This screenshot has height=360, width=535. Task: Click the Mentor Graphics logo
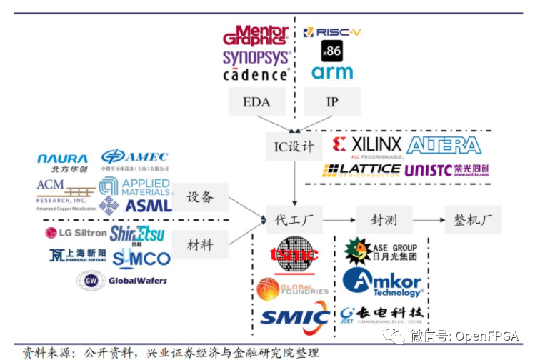tap(255, 36)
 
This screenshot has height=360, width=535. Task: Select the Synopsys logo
tap(256, 57)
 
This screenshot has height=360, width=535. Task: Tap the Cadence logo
tap(256, 74)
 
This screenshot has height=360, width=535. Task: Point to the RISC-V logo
tap(332, 32)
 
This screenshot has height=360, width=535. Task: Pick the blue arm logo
tap(332, 72)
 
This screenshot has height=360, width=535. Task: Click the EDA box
tap(256, 101)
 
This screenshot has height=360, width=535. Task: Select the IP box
tap(332, 101)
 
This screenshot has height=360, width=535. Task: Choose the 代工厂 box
tap(294, 219)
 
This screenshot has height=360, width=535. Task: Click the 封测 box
tap(384, 219)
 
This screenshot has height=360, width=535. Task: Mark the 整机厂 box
tap(473, 219)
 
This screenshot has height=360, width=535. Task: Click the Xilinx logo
tap(367, 146)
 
